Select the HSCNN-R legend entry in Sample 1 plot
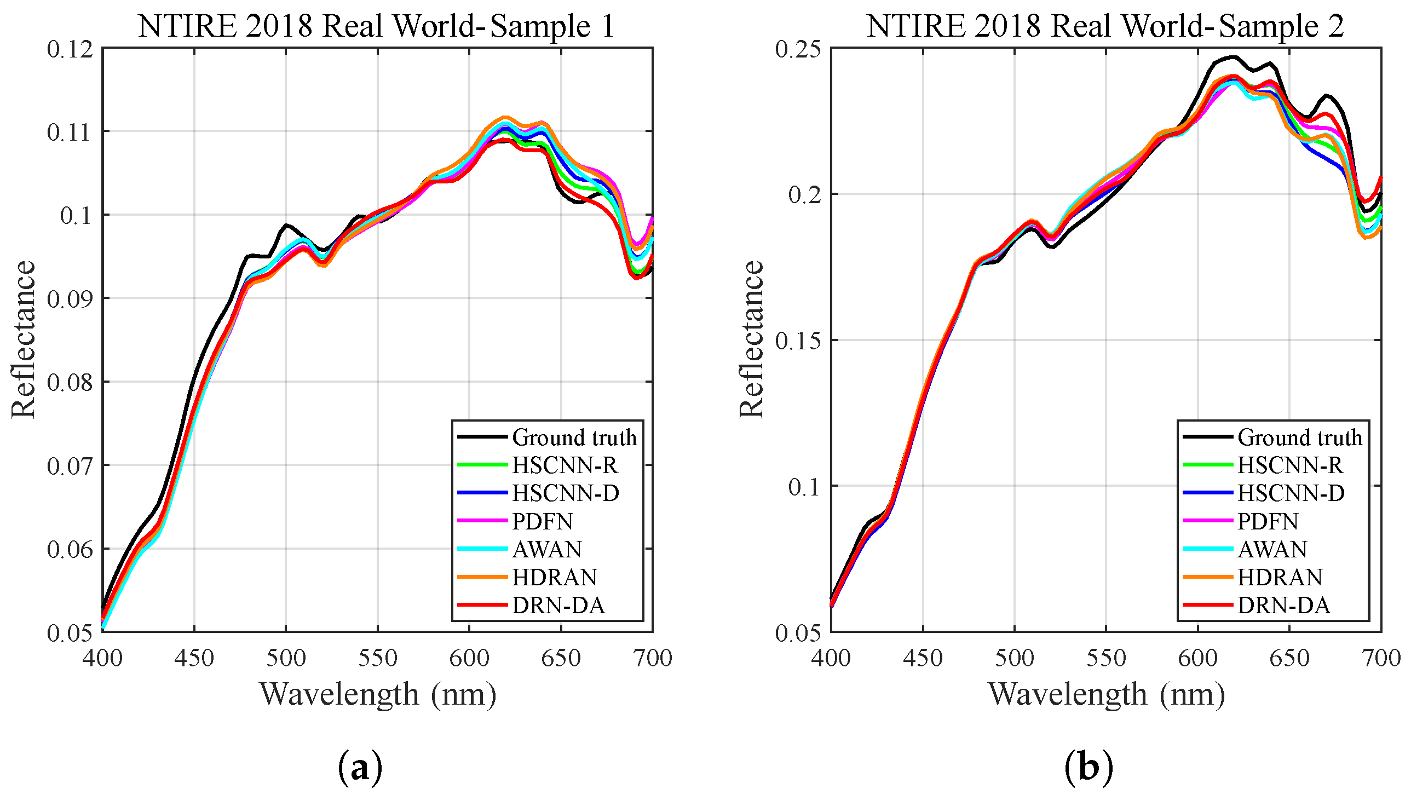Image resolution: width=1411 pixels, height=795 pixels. (564, 466)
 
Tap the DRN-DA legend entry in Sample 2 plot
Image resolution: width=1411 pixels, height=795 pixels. (1283, 606)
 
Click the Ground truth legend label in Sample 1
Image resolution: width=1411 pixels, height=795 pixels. (574, 438)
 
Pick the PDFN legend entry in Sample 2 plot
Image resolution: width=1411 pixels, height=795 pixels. (1268, 522)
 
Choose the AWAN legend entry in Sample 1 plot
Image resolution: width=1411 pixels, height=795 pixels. (546, 550)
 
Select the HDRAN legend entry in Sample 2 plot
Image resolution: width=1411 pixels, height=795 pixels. (1280, 578)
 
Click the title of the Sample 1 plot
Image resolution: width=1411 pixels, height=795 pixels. (377, 26)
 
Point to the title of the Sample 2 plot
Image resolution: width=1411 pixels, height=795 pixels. (1105, 26)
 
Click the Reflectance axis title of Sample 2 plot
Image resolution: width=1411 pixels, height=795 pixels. (752, 339)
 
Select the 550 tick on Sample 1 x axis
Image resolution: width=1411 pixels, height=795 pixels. (377, 658)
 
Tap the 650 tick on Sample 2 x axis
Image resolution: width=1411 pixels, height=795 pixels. (1289, 658)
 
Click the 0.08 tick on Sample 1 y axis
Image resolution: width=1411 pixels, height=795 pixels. (70, 382)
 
